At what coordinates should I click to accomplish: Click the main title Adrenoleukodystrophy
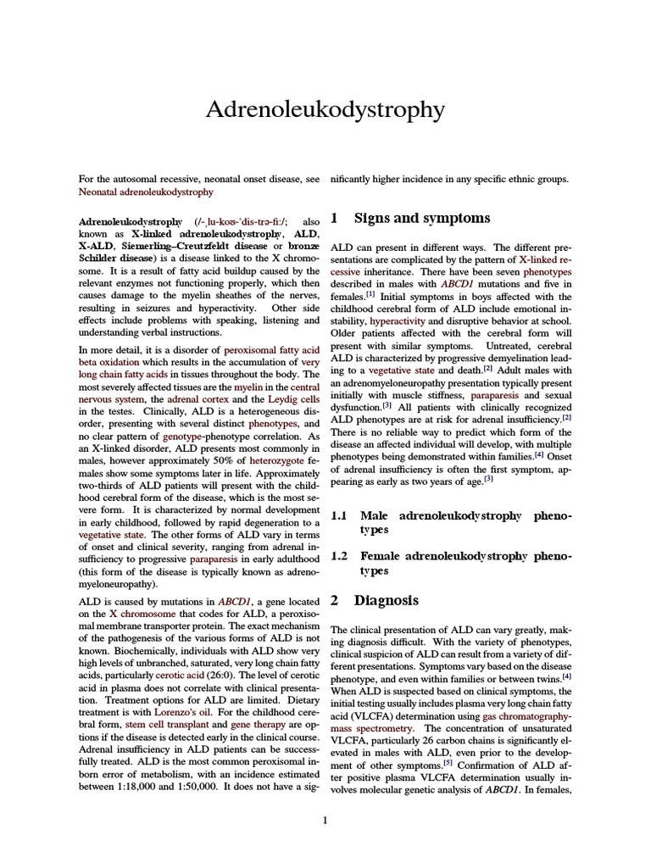point(325,110)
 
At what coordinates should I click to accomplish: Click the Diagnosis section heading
point(387,600)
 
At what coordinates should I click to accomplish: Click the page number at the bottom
point(325,820)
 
